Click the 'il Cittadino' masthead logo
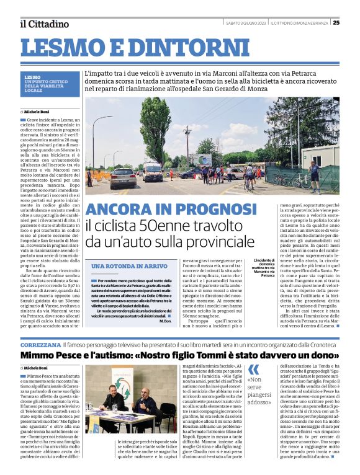pyautogui.click(x=43, y=24)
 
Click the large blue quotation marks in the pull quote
pyautogui.click(x=253, y=370)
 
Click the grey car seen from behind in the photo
pyautogui.click(x=124, y=177)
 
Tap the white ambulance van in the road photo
pyautogui.click(x=152, y=171)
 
